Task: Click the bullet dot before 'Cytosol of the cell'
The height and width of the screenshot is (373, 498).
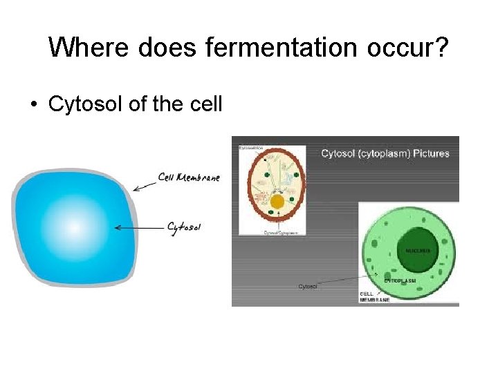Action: point(33,104)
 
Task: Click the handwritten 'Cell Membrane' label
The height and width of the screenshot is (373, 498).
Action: point(188,178)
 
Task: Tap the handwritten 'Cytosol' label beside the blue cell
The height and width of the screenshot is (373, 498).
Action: point(184,227)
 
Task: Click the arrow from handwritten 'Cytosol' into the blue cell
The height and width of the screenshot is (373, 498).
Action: point(138,227)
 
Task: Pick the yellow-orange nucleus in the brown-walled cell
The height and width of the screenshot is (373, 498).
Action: point(277,202)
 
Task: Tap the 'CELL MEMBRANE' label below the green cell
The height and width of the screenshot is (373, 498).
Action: point(375,296)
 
